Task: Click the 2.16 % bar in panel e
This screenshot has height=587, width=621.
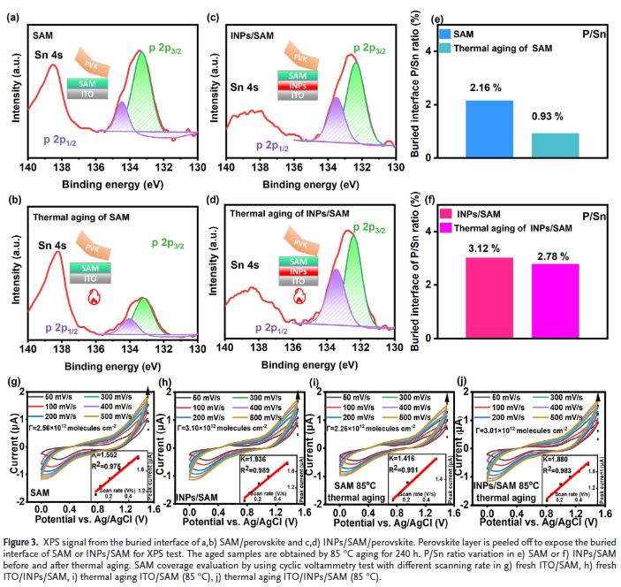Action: pyautogui.click(x=488, y=129)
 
